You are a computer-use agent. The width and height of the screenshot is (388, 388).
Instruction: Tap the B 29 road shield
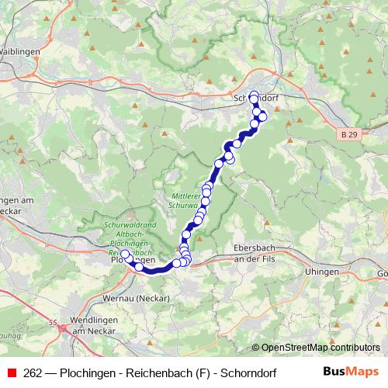pos(349,134)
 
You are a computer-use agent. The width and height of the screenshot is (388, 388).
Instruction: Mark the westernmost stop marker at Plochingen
pos(124,254)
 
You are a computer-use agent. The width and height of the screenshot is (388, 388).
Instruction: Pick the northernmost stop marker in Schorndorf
pos(254,95)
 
